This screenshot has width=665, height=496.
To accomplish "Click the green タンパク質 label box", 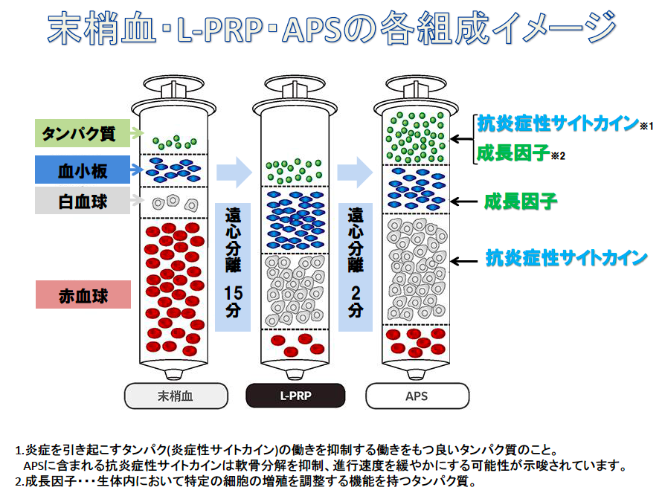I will tap(83, 134).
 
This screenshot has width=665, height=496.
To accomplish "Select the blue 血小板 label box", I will tap(83, 170).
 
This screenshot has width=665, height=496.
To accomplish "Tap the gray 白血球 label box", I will tap(83, 201).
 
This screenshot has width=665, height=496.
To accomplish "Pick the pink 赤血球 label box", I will tap(83, 296).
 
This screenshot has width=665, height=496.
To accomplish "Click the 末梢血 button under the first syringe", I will tap(175, 396).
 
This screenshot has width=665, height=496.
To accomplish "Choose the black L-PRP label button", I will tap(295, 396).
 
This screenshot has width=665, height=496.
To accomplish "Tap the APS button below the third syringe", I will tap(417, 396).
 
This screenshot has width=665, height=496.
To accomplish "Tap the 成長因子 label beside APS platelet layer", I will tap(521, 201).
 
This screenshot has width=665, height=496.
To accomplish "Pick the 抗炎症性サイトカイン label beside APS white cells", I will tap(565, 259).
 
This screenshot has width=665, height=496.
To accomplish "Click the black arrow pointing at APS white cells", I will tap(467, 260).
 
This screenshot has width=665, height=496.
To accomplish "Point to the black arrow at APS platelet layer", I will tap(467, 202).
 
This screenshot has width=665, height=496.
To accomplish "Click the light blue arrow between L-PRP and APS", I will tap(356, 172).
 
